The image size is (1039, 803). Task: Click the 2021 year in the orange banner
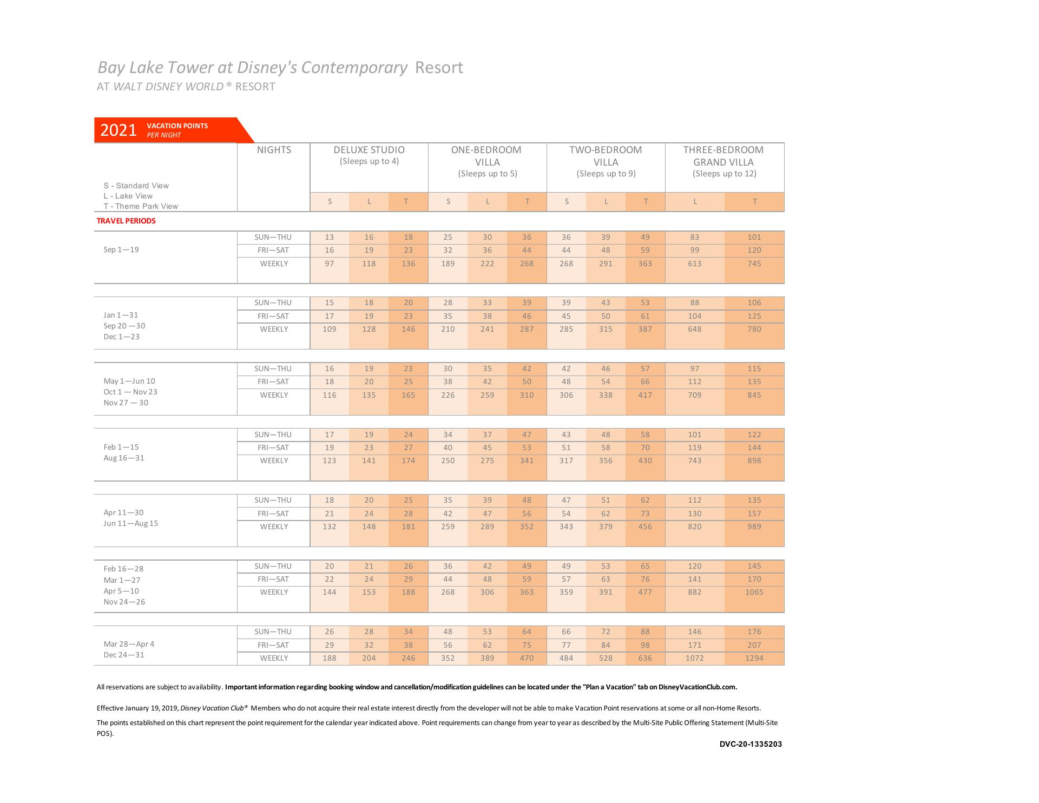pos(119,130)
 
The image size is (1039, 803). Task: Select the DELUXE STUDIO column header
pos(369,150)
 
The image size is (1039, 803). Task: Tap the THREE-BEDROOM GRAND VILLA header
pos(724,156)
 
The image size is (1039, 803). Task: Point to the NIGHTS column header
pos(274,150)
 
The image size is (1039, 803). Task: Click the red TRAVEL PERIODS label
pos(126,221)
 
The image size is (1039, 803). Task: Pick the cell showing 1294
pos(754,658)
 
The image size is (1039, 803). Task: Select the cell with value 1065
pos(754,592)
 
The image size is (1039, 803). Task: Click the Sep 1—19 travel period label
pos(121,249)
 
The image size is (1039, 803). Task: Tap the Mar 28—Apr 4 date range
pos(129,644)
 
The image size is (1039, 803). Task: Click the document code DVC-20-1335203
pos(751,744)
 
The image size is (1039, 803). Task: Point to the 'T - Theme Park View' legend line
pos(141,206)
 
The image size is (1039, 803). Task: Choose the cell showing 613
pos(694,264)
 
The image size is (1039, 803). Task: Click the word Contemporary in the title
pos(354,68)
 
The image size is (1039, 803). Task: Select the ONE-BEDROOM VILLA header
pos(486,156)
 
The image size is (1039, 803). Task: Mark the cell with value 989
pos(754,526)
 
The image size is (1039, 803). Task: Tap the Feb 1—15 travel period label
pos(121,447)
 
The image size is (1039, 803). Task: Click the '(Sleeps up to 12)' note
pos(724,174)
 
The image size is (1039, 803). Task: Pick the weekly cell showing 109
pos(329,329)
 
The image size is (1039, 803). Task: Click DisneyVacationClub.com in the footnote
pos(698,687)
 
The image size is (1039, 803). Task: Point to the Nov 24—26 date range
pos(124,602)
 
